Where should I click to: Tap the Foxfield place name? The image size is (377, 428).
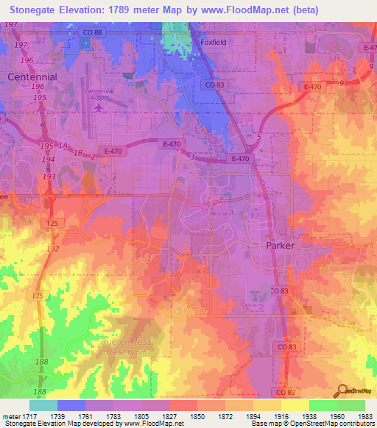coord(214,43)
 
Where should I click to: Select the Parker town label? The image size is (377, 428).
coord(280,246)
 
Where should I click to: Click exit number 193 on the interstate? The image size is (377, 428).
coord(49,177)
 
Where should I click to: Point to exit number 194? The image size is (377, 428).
coord(49,159)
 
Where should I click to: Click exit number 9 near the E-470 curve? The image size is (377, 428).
coord(340,83)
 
